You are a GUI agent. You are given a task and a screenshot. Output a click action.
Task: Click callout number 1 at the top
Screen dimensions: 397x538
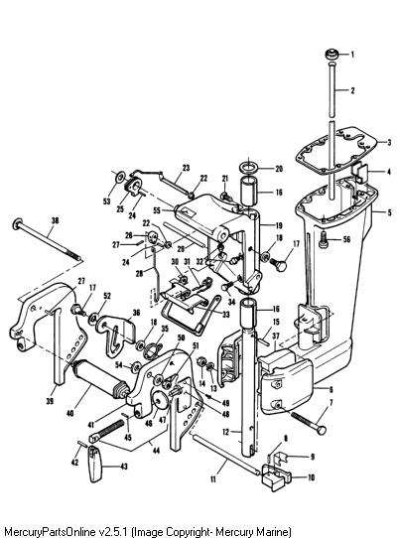point(352,55)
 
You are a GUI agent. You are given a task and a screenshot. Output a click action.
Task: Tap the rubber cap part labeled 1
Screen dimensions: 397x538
point(332,55)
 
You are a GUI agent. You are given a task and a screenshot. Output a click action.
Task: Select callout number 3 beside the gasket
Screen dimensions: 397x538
point(389,142)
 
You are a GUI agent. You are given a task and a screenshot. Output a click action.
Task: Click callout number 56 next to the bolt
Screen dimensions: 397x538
point(346,239)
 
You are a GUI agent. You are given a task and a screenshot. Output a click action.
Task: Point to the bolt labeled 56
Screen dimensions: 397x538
point(324,239)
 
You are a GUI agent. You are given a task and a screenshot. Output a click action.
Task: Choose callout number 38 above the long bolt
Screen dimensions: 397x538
point(55,221)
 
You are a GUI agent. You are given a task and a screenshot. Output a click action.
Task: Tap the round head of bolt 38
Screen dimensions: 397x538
point(18,224)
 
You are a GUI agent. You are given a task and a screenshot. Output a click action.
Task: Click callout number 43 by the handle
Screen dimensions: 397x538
point(124,467)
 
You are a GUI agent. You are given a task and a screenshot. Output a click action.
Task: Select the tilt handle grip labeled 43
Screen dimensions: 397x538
point(95,464)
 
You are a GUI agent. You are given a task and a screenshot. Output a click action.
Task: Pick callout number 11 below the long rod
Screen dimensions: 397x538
point(213,479)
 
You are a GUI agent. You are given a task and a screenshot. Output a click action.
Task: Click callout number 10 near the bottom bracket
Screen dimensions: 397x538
point(312,477)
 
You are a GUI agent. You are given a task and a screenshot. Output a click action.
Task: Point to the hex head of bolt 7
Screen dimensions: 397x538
point(322,430)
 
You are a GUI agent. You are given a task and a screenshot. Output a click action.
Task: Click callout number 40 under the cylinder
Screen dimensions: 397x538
point(70,414)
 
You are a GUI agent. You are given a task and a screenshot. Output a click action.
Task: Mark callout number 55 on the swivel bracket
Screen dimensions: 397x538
point(157,210)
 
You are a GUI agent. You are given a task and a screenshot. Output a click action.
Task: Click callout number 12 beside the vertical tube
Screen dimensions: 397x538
point(225,432)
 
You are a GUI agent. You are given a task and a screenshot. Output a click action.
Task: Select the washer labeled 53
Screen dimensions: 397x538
point(120,178)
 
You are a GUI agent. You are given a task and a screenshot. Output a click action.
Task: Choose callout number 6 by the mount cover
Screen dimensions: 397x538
point(331,389)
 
